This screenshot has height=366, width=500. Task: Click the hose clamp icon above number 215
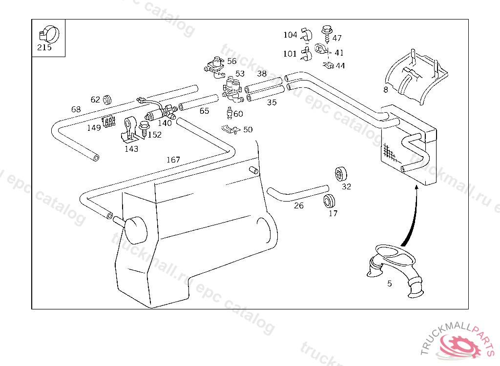click(x=47, y=34)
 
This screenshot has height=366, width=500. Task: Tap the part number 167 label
click(x=173, y=160)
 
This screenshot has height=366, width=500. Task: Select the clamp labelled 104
click(x=306, y=35)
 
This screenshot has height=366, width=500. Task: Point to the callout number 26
click(x=299, y=206)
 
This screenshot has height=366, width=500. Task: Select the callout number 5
click(x=389, y=284)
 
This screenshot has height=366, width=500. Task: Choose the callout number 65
click(x=204, y=111)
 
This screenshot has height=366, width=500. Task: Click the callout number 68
click(x=76, y=109)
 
